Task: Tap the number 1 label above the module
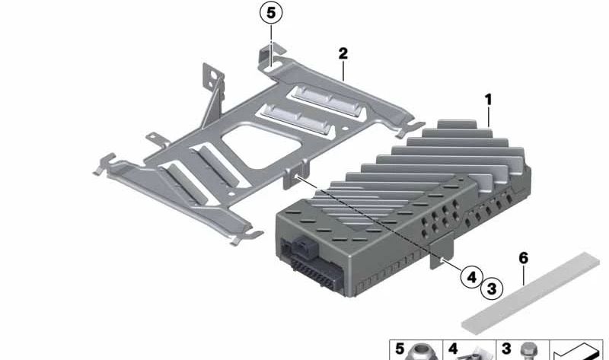click(488, 100)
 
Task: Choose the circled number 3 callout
click(491, 288)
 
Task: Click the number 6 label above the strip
click(523, 259)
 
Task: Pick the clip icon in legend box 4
click(473, 352)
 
